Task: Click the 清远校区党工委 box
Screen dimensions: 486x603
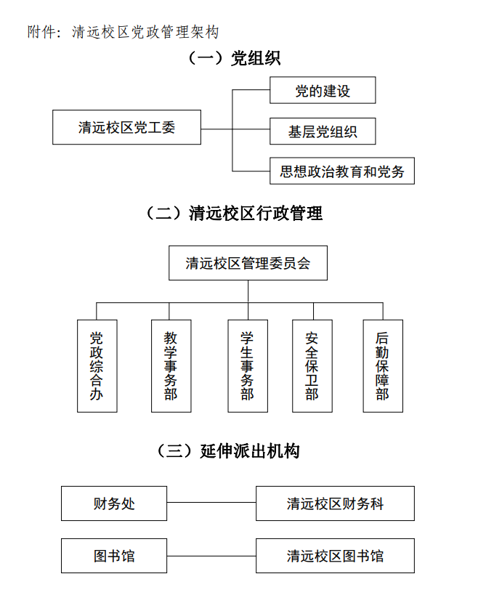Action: pos(126,127)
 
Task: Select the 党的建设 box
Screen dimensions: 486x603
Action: pos(323,90)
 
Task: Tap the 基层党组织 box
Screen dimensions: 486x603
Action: pos(323,131)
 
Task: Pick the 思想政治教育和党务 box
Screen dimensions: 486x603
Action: pos(342,171)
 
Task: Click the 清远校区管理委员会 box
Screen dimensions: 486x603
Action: pos(248,263)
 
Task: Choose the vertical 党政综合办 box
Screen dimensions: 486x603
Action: pos(97,366)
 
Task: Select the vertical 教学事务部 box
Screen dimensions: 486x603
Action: pos(171,366)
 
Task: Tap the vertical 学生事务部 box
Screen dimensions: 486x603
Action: pos(248,366)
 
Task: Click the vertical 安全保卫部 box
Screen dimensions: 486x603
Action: pos(312,366)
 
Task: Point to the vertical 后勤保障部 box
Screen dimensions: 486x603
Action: pos(383,366)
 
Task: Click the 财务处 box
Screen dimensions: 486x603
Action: pos(114,503)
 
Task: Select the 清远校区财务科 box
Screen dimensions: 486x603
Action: pos(335,503)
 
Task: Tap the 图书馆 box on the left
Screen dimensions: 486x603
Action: pos(114,556)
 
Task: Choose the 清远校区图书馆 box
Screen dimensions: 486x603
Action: pos(335,556)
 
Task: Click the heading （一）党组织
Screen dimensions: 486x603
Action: pos(234,58)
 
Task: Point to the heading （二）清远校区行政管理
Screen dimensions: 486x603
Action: pos(234,213)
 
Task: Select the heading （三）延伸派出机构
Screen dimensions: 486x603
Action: pos(228,450)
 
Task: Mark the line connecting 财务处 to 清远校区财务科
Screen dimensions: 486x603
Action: pos(211,502)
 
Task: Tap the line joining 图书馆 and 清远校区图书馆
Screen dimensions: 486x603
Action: pos(211,556)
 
